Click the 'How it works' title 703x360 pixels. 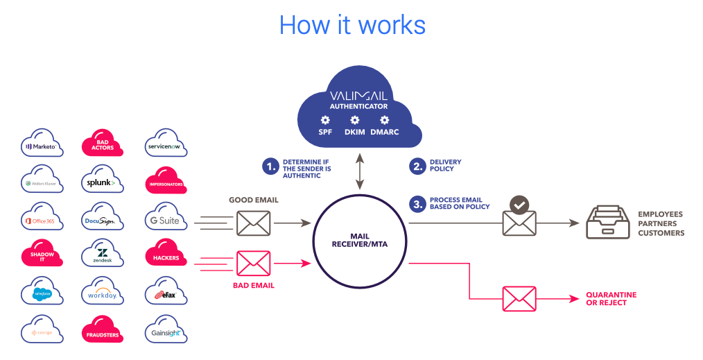351,25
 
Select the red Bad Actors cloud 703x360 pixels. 103,145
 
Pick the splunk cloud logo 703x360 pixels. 103,182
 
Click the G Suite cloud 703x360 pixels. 165,219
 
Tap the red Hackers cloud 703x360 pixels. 165,256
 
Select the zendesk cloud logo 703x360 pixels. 103,255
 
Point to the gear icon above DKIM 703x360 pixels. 355,120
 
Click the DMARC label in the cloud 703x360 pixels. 385,132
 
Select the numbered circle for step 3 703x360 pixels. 417,203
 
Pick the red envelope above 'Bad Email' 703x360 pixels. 253,264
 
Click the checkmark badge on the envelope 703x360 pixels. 519,205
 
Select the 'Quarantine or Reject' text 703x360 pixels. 611,299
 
